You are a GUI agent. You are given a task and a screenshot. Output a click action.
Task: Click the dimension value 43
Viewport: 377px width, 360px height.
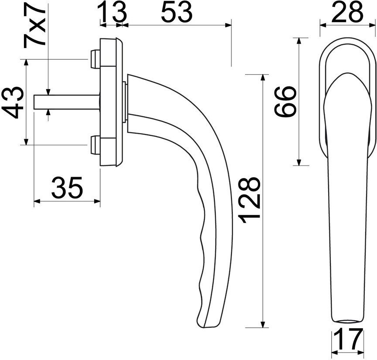(x=13, y=103)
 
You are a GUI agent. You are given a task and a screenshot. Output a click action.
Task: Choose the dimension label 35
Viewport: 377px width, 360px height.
(x=67, y=187)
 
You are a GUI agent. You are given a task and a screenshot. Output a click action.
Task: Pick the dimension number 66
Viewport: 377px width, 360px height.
(x=285, y=101)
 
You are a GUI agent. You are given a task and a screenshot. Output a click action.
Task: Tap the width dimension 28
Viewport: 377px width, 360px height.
(x=347, y=11)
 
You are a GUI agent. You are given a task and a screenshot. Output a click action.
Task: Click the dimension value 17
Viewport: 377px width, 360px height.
(x=348, y=339)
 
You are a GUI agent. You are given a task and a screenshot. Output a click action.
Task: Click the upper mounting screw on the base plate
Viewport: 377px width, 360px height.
(x=95, y=58)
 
